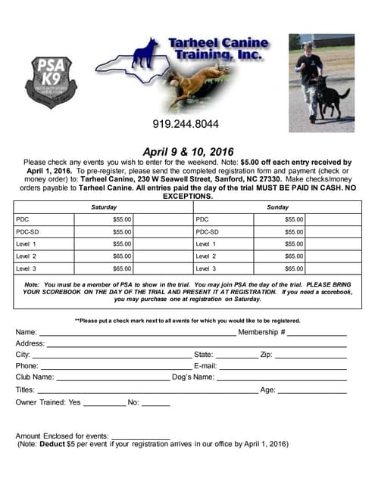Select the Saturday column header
tap(104, 206)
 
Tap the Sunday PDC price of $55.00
tap(294, 219)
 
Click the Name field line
tap(136, 334)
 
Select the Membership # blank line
tap(316, 334)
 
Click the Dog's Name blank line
tap(281, 379)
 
